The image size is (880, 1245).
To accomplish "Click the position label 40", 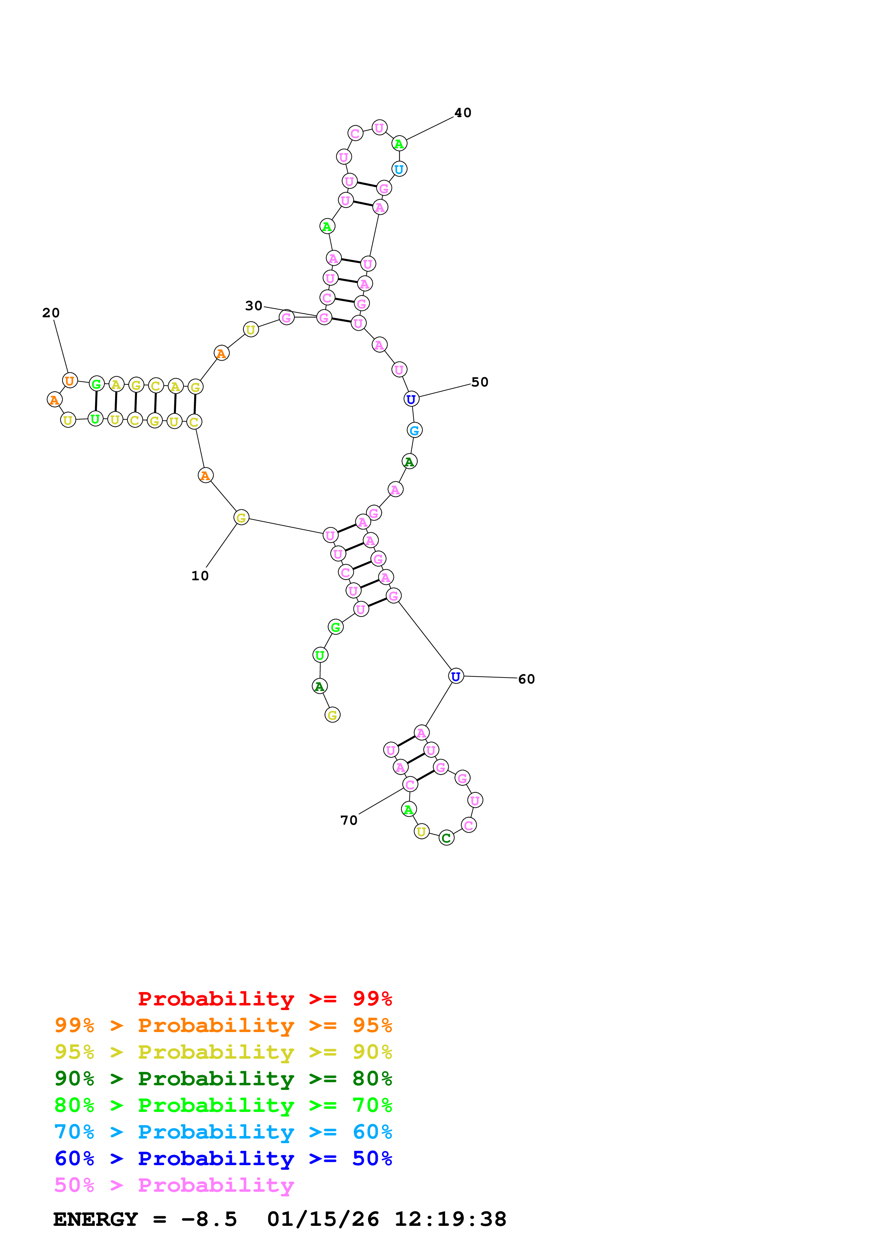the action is pos(463,113).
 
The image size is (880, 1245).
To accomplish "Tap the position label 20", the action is pos(51,313).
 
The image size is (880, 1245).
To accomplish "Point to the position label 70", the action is pos(349,821).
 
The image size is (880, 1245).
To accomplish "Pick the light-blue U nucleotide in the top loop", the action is pos(399,169).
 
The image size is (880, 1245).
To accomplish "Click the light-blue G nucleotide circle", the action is pos(414,430).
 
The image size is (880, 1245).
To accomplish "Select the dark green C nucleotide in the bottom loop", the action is pos(446,838).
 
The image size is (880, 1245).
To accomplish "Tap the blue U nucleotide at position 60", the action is pos(456,676).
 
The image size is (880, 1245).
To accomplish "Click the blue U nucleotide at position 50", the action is pos(411,399).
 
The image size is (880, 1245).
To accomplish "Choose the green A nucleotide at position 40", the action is pos(399,144).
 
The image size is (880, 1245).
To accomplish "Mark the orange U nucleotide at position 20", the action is pos(70,381).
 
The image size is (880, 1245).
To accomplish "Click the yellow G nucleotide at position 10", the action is pos(241,518).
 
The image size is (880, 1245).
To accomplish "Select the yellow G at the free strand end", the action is pos(332,715).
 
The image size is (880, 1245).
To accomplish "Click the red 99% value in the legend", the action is pos(372,998).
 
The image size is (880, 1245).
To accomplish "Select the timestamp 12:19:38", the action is pos(450,1219).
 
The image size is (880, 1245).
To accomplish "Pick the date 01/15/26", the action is pos(323,1219).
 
